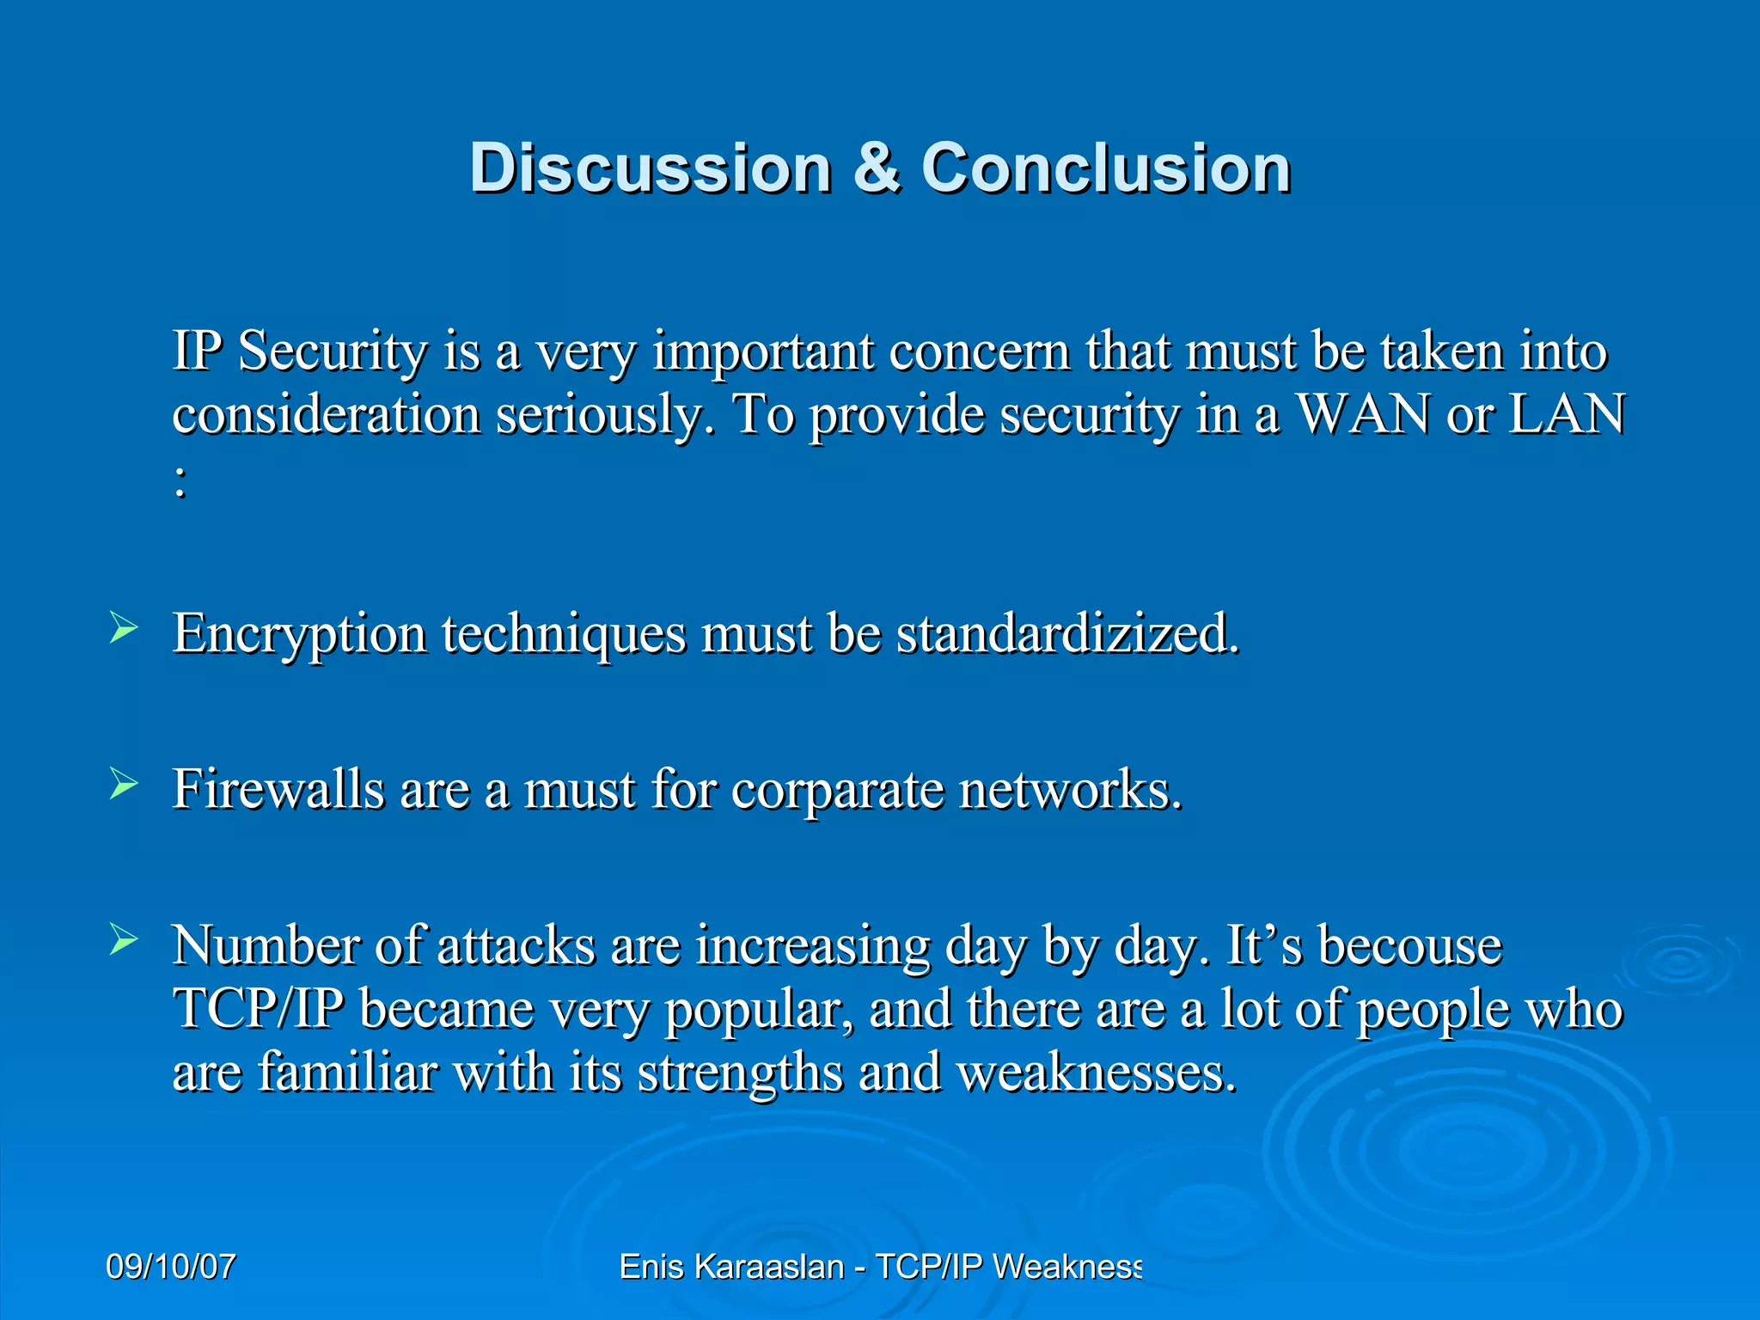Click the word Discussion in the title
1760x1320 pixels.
[x=651, y=168]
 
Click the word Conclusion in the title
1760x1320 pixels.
[x=1106, y=168]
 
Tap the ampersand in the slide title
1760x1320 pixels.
[x=877, y=168]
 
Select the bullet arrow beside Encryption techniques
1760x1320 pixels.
[x=123, y=628]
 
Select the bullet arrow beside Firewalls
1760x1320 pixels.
[x=123, y=784]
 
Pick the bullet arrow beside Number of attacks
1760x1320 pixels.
[x=123, y=940]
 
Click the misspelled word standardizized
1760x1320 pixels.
[x=1068, y=634]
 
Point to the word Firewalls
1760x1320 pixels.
[x=278, y=789]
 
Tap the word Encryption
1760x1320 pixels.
[x=300, y=636]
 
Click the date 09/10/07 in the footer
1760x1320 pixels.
[x=170, y=1267]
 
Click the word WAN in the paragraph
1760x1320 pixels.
[x=1363, y=414]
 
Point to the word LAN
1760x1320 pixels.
[x=1567, y=414]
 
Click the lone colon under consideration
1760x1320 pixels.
[x=180, y=483]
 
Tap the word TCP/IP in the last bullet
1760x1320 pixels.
[x=259, y=1009]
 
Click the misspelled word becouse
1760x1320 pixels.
[x=1410, y=945]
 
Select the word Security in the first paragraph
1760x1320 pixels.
[x=333, y=352]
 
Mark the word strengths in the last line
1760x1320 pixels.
[x=740, y=1074]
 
